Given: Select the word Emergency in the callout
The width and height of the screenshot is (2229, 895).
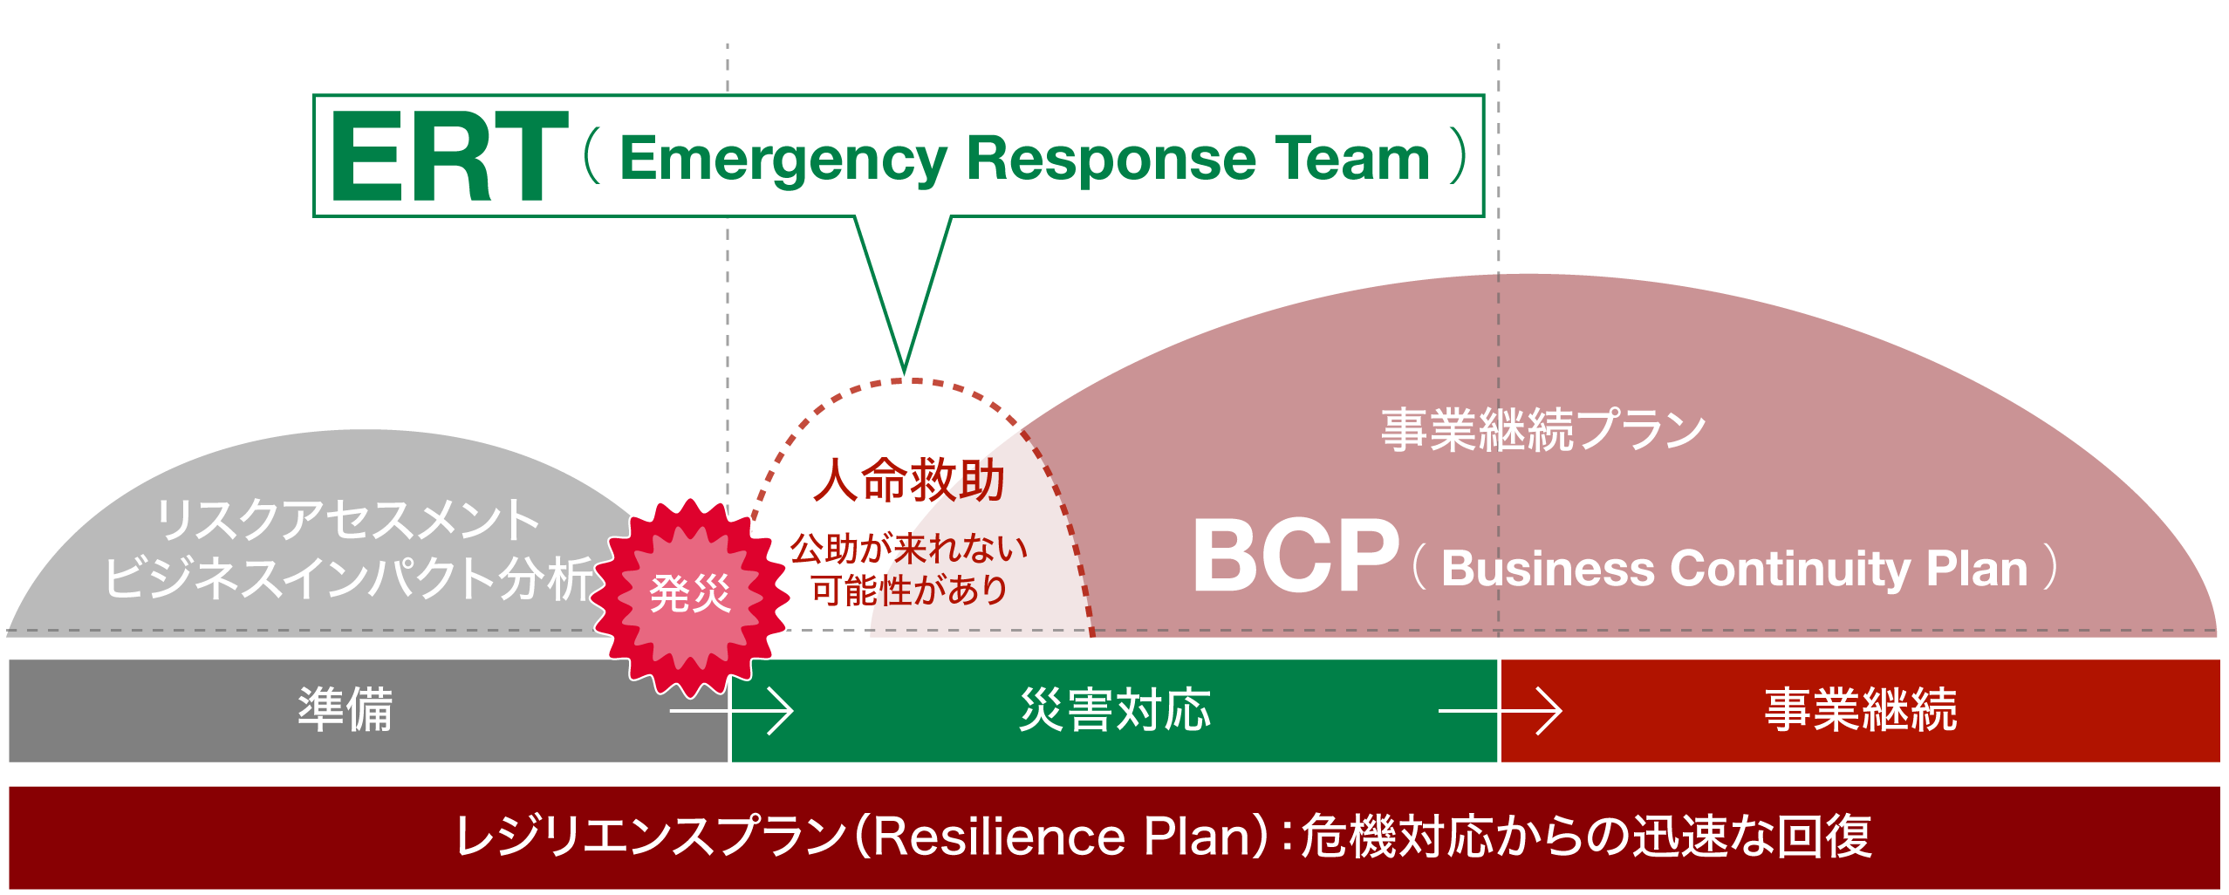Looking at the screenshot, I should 783,160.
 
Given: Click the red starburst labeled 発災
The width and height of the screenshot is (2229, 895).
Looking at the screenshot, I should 689,595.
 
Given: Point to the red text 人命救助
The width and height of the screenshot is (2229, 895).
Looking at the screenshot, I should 909,481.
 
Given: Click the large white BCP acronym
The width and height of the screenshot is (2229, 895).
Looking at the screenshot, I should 1295,556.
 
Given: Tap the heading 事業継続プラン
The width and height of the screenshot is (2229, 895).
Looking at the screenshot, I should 1542,430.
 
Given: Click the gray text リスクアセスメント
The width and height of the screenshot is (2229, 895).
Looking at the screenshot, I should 348,520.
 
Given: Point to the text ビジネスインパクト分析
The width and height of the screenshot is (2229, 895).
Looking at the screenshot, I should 348,577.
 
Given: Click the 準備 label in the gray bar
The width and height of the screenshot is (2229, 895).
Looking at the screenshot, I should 345,709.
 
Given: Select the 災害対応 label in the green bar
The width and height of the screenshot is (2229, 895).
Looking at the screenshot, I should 1115,709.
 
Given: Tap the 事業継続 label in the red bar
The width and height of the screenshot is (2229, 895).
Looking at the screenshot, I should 1860,709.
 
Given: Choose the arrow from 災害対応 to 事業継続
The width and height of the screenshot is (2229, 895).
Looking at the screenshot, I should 1500,711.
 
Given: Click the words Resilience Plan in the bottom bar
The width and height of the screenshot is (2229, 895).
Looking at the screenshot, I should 1059,837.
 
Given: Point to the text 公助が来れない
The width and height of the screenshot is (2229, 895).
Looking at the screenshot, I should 909,550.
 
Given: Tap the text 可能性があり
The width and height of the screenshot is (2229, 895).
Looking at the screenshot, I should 909,591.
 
